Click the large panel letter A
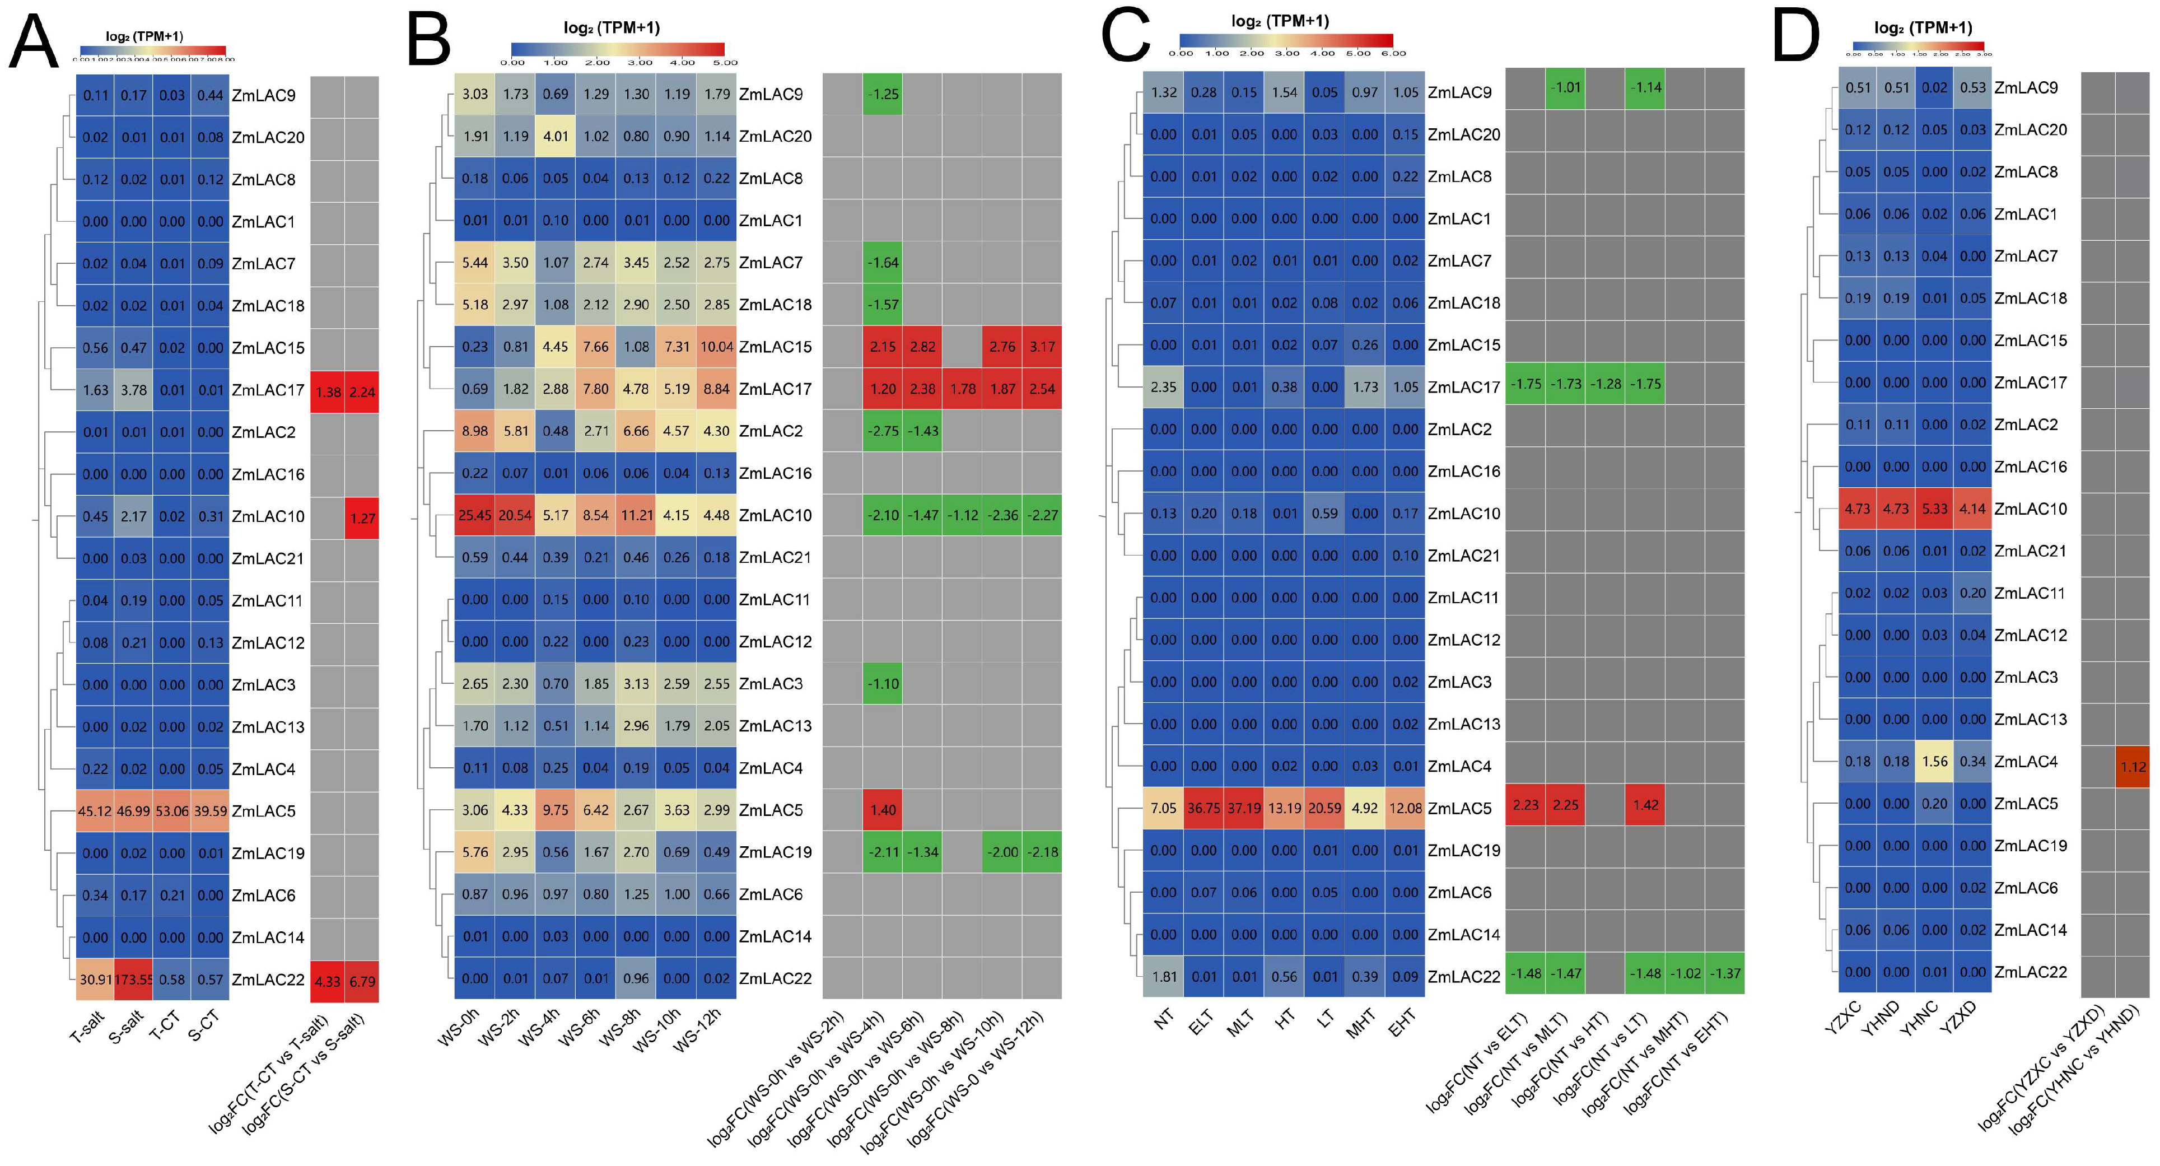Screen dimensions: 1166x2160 pyautogui.click(x=34, y=42)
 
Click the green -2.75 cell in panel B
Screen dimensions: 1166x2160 pyautogui.click(x=883, y=431)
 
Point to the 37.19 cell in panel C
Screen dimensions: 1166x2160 pyautogui.click(x=1243, y=808)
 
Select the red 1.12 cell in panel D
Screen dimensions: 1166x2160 pyautogui.click(x=2133, y=766)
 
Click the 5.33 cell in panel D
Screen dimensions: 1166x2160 pyautogui.click(x=1934, y=509)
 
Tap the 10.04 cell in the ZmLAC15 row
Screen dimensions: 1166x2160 pyautogui.click(x=717, y=346)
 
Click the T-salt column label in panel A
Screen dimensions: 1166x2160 pyautogui.click(x=87, y=1028)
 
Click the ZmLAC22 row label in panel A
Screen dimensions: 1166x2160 pyautogui.click(x=268, y=979)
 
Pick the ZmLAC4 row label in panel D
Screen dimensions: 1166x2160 pyautogui.click(x=2025, y=761)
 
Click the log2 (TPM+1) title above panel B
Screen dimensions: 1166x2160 pyautogui.click(x=612, y=27)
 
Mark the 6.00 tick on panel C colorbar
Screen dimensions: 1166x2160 pyautogui.click(x=1393, y=54)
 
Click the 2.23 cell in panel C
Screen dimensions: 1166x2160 pyautogui.click(x=1525, y=805)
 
